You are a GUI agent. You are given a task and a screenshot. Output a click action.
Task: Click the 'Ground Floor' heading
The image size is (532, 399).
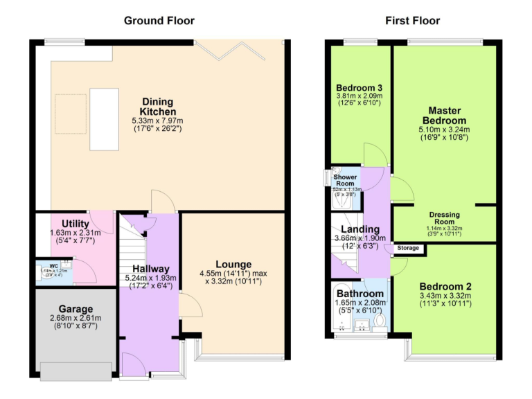(159, 21)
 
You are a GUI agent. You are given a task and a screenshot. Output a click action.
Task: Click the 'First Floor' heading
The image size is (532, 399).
(412, 21)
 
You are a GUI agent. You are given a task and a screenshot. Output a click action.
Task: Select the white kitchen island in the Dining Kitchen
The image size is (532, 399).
(104, 118)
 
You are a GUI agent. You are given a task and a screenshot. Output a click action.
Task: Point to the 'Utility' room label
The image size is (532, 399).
(75, 224)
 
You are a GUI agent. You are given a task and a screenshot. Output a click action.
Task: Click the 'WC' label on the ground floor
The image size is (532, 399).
(53, 265)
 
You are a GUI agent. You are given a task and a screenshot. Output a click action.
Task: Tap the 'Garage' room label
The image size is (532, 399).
(76, 309)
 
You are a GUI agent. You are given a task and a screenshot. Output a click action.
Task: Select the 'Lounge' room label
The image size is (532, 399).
(235, 264)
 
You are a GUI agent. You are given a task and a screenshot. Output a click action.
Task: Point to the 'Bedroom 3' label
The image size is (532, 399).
(360, 88)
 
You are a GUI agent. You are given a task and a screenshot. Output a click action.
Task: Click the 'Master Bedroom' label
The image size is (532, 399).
(444, 116)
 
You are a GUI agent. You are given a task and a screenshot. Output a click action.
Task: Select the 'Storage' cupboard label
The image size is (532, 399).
(408, 247)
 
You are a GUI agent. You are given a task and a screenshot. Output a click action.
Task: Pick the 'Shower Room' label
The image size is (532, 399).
(345, 180)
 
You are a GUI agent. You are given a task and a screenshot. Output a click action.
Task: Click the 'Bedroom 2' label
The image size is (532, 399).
(445, 287)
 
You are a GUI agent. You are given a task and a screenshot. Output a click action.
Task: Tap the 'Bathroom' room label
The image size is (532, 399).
(360, 294)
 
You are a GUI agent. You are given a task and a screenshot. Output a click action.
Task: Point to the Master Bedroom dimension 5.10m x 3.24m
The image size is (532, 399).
(444, 129)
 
